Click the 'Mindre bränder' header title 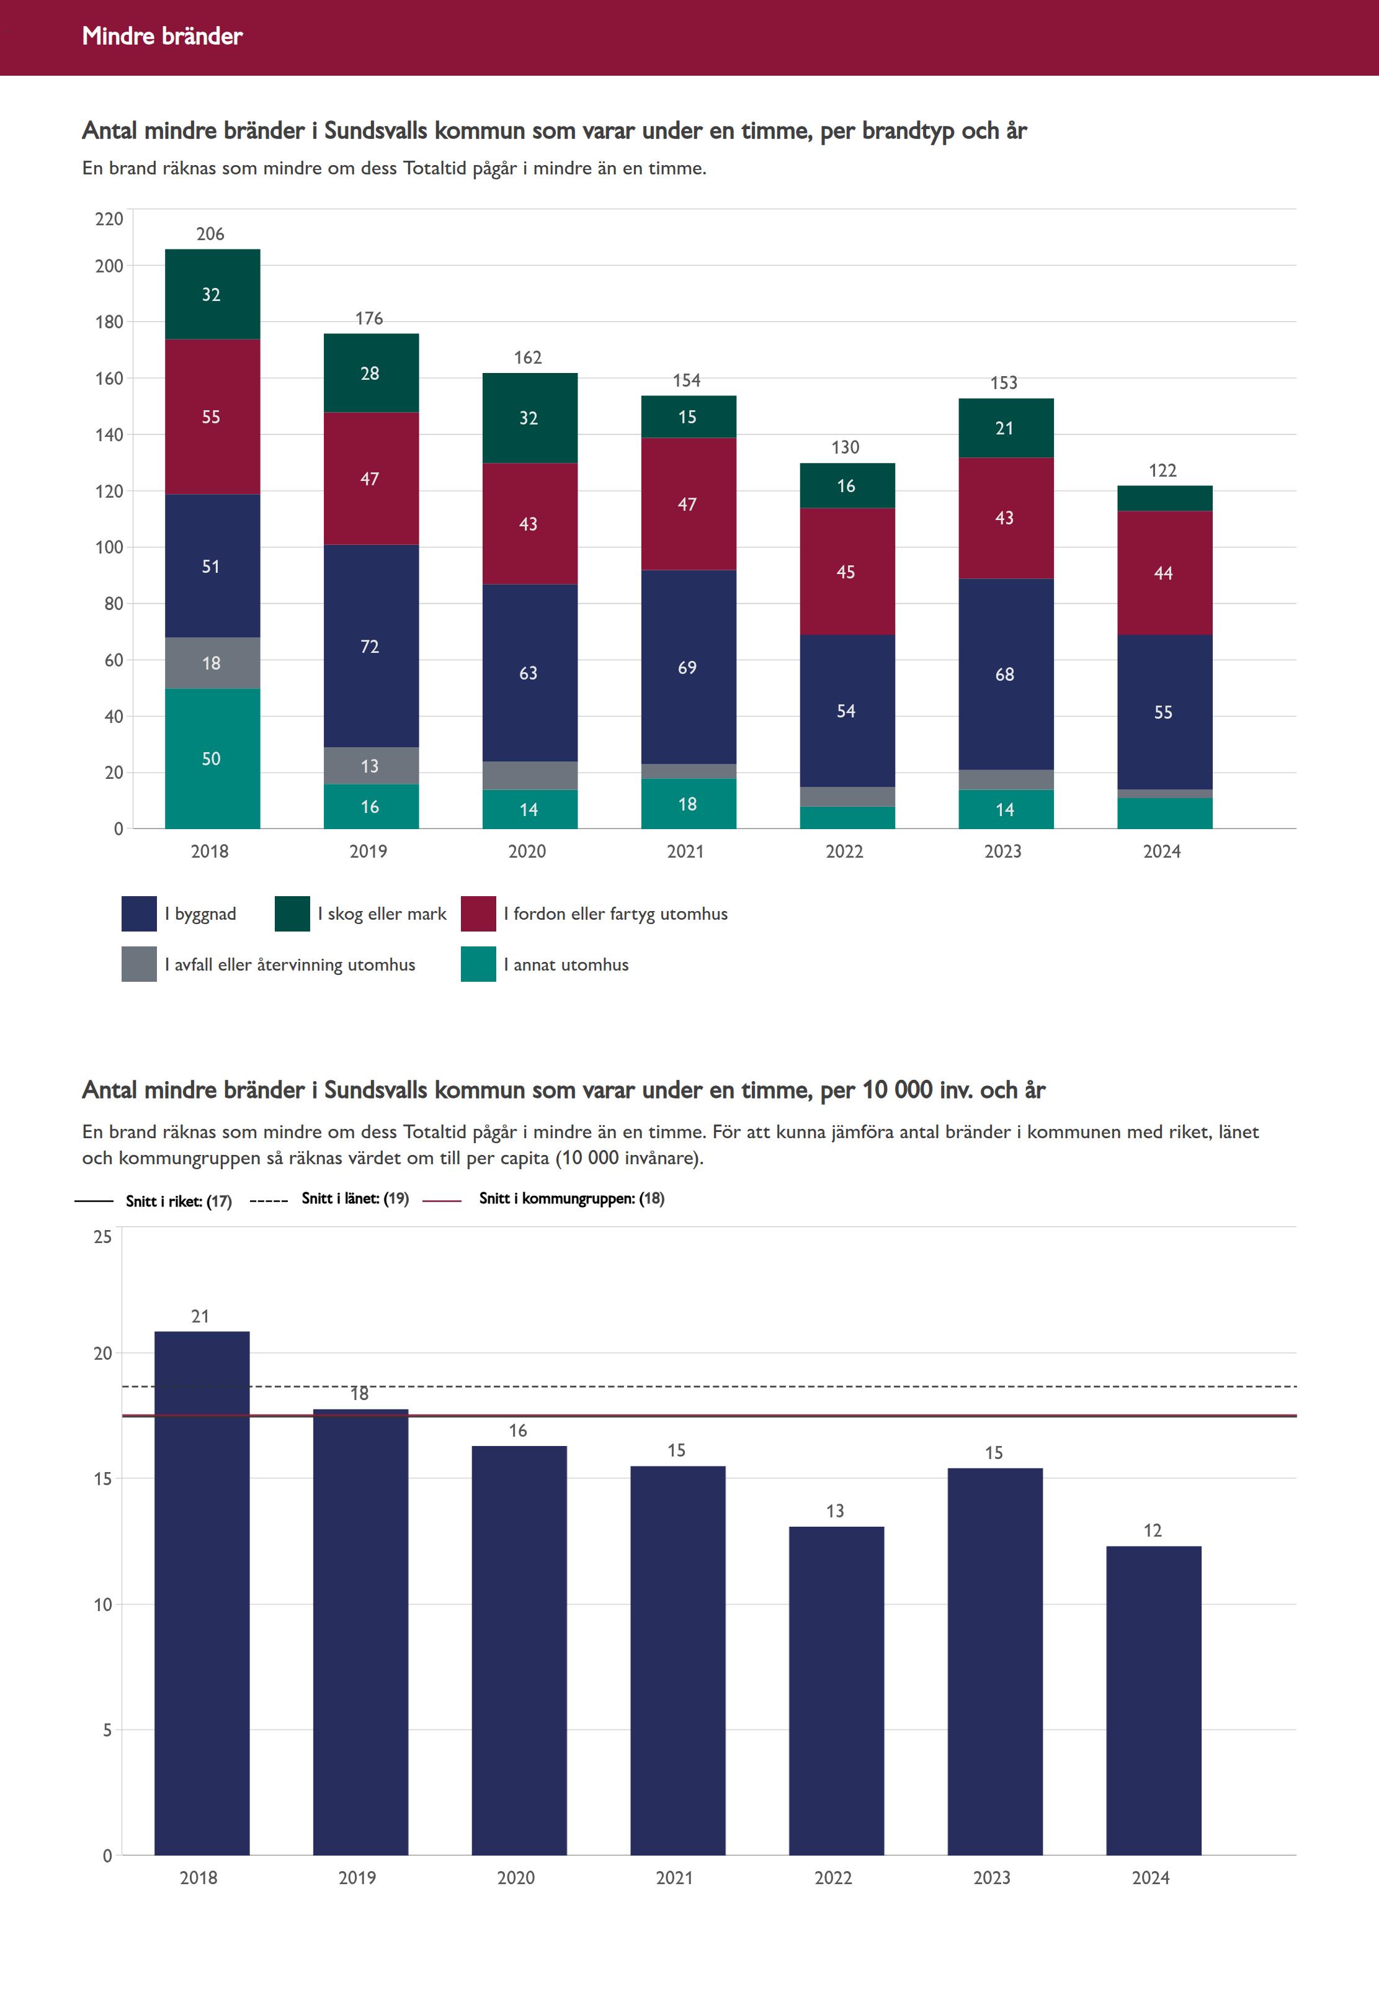(x=163, y=36)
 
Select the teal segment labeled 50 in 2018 (x=212, y=758)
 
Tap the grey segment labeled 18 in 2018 (x=212, y=663)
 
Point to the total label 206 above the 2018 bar (x=210, y=234)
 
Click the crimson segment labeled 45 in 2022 (x=847, y=572)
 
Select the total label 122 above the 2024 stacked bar (x=1163, y=470)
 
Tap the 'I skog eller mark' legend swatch (x=292, y=914)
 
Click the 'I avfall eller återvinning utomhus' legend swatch (x=139, y=964)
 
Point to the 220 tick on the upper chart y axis (x=109, y=218)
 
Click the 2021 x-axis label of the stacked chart (x=686, y=851)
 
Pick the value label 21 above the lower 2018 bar (x=200, y=1316)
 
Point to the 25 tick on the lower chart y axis (x=103, y=1237)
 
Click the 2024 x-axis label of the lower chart (x=1151, y=1878)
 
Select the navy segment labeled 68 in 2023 (x=1006, y=674)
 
